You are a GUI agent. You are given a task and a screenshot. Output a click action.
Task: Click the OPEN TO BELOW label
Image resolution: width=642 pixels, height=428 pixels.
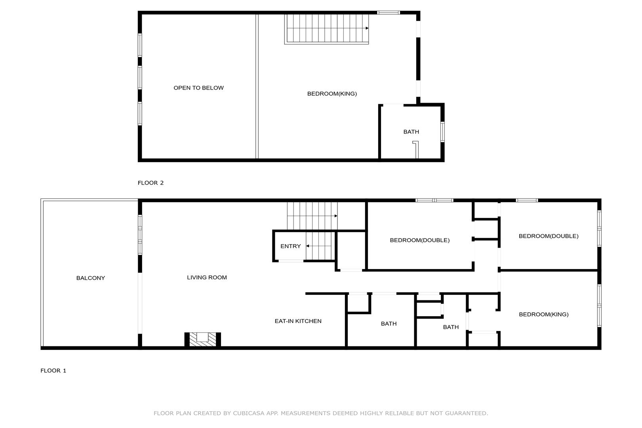coord(198,88)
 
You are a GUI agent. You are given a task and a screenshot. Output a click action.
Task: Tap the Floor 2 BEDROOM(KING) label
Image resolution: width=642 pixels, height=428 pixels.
coord(332,94)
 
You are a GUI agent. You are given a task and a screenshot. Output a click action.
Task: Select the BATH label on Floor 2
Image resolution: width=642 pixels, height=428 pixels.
coord(411,132)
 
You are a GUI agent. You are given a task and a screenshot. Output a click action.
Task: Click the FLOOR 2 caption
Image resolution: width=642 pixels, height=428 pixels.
coord(150,183)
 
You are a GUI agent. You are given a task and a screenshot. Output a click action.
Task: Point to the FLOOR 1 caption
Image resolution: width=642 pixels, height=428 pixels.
coord(53,371)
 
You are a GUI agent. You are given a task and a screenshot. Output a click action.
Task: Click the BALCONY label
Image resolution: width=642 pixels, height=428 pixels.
coord(91,278)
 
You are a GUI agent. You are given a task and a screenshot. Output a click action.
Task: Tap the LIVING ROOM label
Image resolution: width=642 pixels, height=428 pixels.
coord(207,277)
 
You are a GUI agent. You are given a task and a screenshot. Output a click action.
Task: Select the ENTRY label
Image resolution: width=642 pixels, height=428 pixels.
coord(290,246)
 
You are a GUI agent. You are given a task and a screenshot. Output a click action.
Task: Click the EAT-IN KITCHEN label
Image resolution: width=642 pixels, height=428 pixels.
coord(298,321)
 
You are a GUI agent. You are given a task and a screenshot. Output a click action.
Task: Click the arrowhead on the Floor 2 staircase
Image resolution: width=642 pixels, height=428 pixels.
coord(367,28)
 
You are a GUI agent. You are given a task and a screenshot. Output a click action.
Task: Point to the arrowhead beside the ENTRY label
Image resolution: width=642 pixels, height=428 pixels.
coord(307,246)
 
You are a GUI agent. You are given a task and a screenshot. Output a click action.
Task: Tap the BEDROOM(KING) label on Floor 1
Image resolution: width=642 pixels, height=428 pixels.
coord(544,314)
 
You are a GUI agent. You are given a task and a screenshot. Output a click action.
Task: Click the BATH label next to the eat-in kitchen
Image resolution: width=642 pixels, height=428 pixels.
coord(389,324)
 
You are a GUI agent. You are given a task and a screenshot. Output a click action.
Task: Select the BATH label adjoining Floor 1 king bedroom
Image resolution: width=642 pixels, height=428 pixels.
coord(451,327)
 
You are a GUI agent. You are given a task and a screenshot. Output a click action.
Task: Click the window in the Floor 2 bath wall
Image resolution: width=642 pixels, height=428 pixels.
coord(442,132)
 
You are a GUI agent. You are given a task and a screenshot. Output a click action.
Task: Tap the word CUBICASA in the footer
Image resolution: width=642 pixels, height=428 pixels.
coord(248,413)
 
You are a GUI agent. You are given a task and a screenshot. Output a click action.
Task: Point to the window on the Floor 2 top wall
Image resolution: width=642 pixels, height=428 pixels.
coord(389,13)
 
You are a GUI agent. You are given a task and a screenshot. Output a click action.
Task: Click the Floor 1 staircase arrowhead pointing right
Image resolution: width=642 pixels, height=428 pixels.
coord(336,216)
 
